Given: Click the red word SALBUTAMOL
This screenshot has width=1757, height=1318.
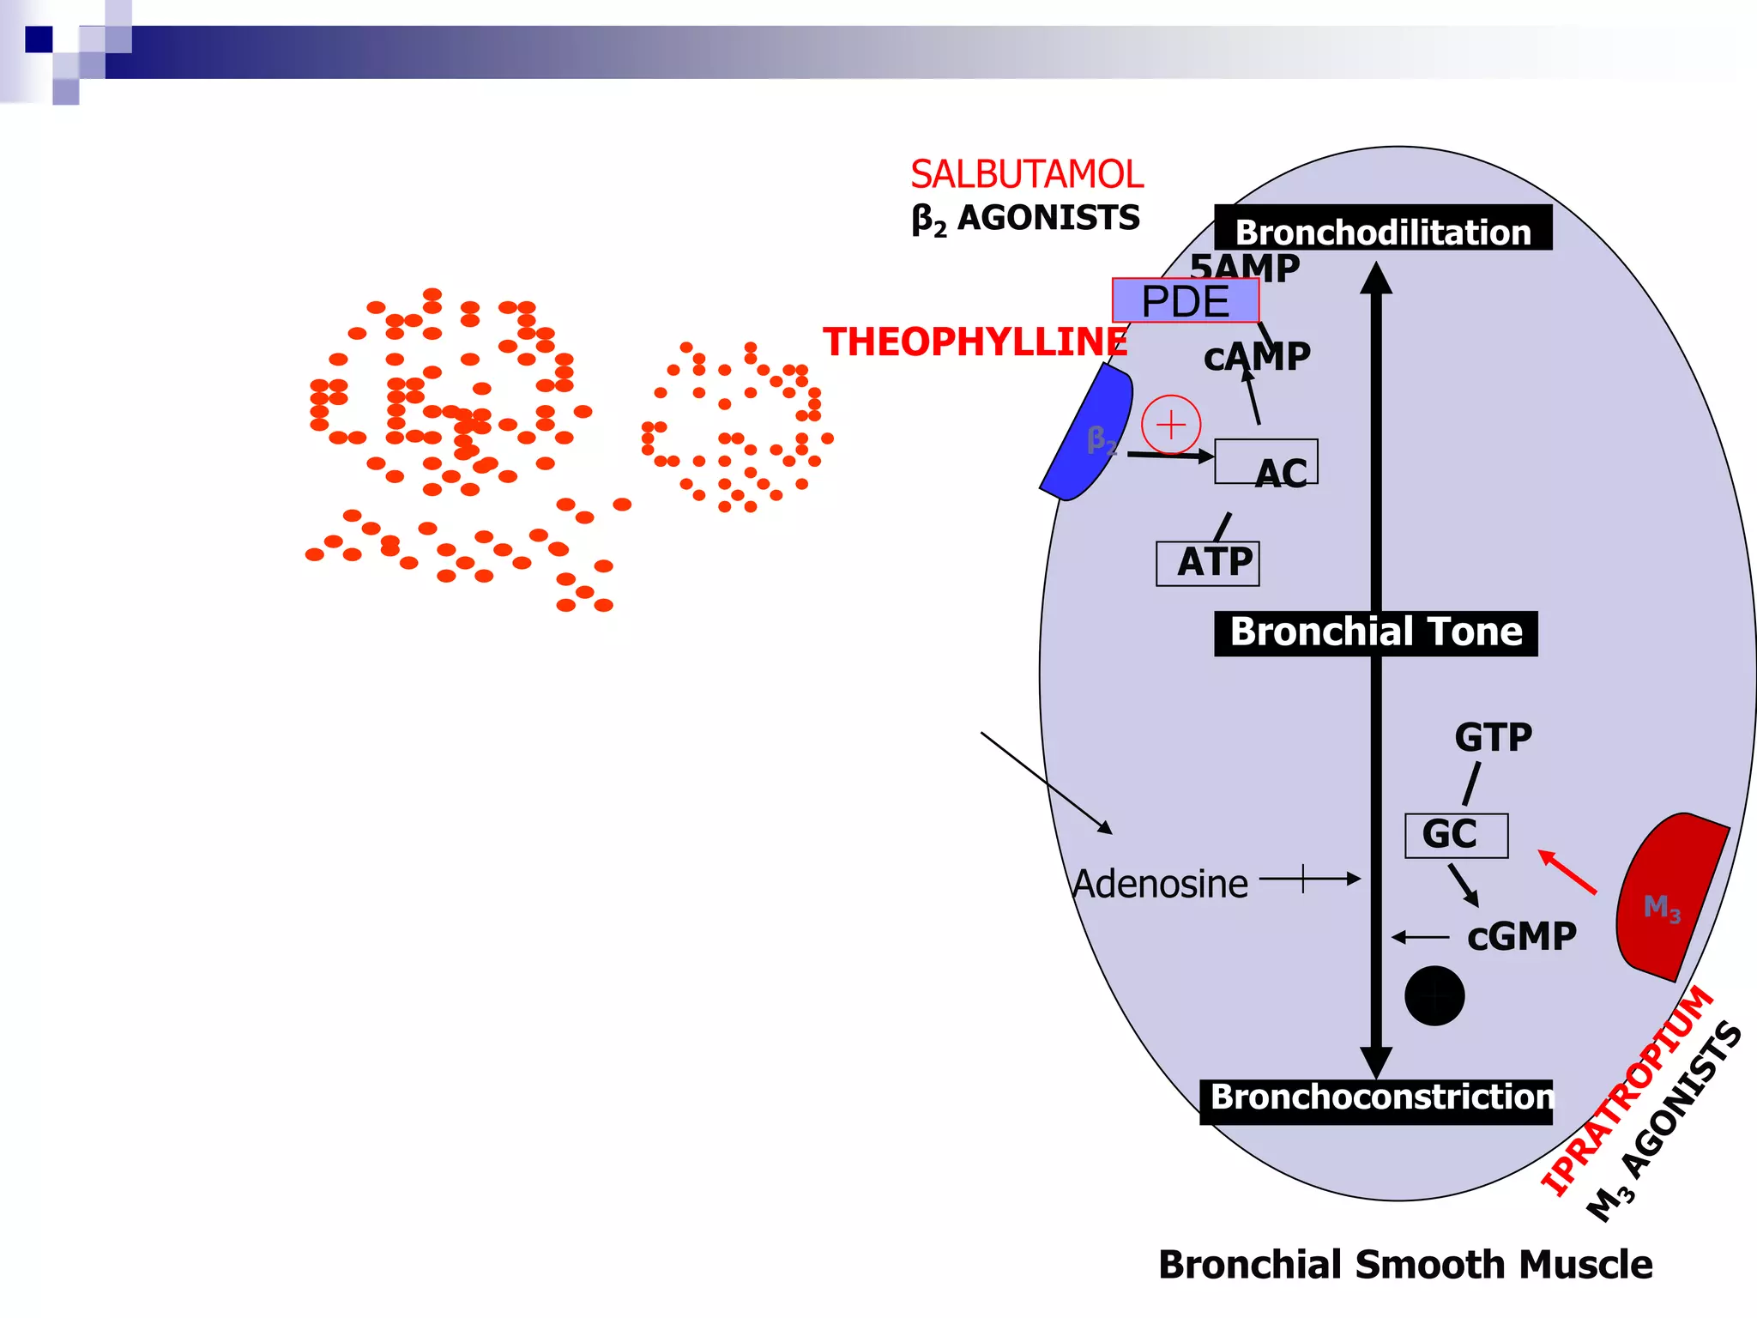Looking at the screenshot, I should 1026,174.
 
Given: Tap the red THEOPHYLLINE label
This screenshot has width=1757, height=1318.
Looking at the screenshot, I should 975,342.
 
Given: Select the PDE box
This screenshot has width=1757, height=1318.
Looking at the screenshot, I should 1186,301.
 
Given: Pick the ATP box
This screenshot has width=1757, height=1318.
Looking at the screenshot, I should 1208,564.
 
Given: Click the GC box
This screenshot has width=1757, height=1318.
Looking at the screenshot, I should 1456,835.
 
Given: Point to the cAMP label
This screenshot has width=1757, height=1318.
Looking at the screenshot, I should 1257,357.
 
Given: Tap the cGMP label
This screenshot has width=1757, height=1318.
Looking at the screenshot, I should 1521,937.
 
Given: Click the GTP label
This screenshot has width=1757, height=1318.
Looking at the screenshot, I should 1493,737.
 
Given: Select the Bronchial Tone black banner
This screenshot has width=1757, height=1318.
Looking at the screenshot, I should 1375,633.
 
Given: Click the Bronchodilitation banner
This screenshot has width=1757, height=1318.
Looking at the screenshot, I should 1382,230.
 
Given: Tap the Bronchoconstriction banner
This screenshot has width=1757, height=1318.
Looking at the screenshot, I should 1376,1100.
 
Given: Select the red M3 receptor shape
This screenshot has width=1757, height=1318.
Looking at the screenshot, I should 1664,901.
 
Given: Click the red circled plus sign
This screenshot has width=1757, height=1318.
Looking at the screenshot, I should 1171,425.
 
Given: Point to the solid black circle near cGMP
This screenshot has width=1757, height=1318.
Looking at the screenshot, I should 1434,995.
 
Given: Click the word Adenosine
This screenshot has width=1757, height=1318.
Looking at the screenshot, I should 1160,884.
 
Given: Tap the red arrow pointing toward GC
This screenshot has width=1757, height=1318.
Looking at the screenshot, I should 1568,872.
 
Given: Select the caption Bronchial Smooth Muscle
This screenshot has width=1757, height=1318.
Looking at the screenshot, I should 1404,1265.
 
